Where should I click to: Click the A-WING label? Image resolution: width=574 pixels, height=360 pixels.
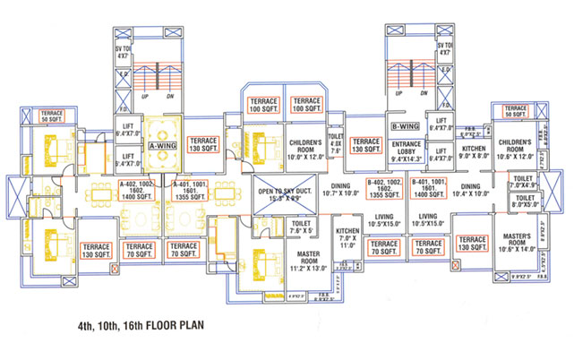pyautogui.click(x=162, y=146)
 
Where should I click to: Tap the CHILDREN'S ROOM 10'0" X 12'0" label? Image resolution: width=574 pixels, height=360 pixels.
pyautogui.click(x=311, y=146)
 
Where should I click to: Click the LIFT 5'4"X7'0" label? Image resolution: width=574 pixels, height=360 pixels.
pyautogui.click(x=127, y=159)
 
